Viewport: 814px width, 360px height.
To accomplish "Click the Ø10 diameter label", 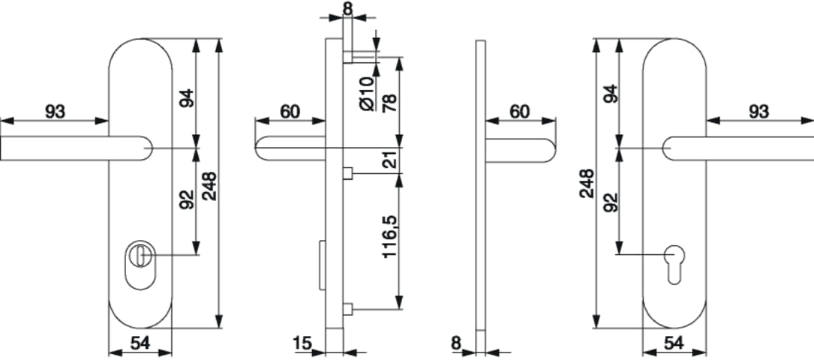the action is click(367, 93).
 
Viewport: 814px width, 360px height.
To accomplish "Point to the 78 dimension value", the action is click(389, 103).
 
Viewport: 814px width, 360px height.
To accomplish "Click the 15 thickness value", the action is click(302, 343).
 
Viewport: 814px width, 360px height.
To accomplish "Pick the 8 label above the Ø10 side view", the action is click(348, 8).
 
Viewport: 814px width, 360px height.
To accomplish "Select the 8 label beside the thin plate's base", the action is click(456, 343).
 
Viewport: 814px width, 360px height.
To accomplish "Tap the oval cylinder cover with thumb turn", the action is click(140, 265).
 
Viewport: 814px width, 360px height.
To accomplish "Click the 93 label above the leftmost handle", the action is click(55, 112).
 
